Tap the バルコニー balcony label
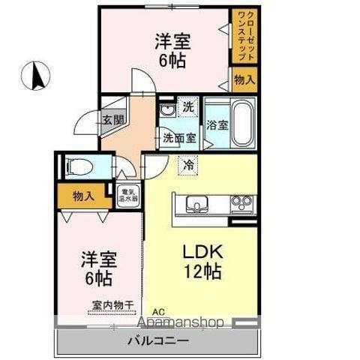(x=157, y=340)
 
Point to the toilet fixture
(x=77, y=166)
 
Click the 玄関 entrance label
(x=113, y=119)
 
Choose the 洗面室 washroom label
(x=179, y=138)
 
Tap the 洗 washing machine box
(x=187, y=106)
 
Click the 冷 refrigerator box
(x=187, y=163)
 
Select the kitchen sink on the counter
(x=197, y=203)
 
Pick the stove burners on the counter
(x=241, y=202)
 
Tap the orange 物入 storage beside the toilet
(x=83, y=196)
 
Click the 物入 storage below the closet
(x=244, y=79)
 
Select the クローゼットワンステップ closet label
(x=244, y=35)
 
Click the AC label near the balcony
(x=158, y=313)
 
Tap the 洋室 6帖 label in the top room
(x=172, y=49)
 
